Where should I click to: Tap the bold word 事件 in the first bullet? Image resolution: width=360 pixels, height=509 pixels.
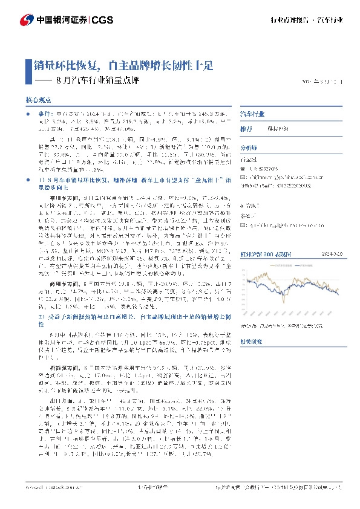point(45,113)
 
